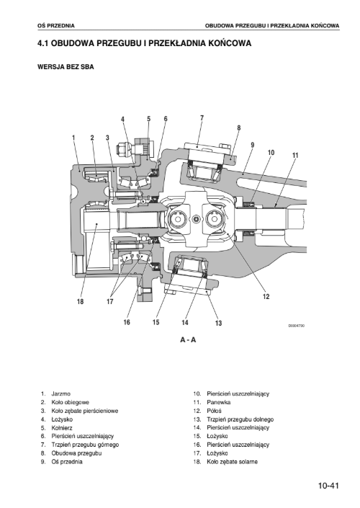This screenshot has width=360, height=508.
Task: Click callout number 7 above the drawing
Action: click(202, 118)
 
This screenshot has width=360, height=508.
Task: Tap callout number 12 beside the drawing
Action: click(266, 296)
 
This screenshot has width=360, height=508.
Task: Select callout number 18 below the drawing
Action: click(81, 302)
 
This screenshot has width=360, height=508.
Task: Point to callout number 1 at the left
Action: click(73, 138)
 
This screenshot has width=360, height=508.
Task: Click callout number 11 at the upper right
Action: click(295, 156)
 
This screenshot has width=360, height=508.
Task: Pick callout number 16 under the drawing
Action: click(127, 322)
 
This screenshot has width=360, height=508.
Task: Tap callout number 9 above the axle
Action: click(253, 145)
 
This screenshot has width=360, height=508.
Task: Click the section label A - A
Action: click(188, 340)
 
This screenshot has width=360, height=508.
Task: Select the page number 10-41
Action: click(328, 486)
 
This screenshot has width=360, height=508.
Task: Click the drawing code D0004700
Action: click(297, 326)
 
